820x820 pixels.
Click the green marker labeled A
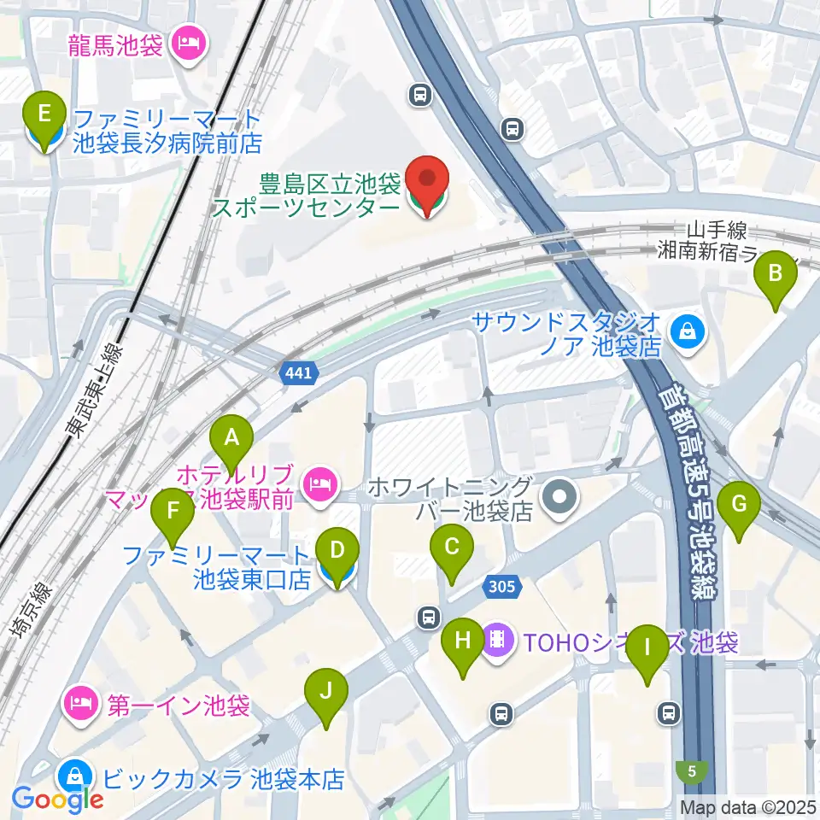pyautogui.click(x=231, y=438)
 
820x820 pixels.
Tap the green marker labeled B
pyautogui.click(x=776, y=273)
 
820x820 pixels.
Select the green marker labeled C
pyautogui.click(x=452, y=544)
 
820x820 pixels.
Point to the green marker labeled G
pyautogui.click(x=740, y=504)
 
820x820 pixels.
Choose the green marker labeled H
pyautogui.click(x=463, y=641)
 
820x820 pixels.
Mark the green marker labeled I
pyautogui.click(x=647, y=647)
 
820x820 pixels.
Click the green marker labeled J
pyautogui.click(x=325, y=690)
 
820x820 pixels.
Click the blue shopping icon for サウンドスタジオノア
pyautogui.click(x=686, y=333)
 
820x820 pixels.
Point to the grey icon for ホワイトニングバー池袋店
pyautogui.click(x=559, y=495)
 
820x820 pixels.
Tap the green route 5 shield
pyautogui.click(x=691, y=771)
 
